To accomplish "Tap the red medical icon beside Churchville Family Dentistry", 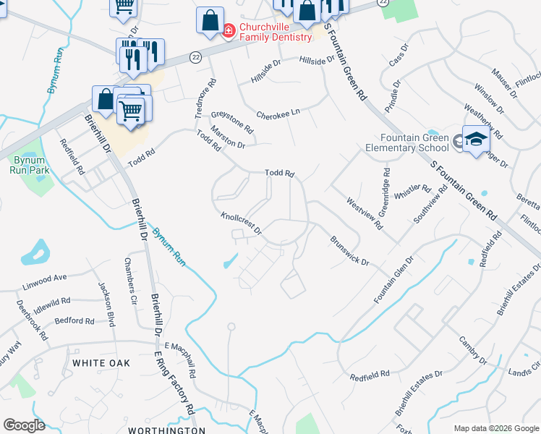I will tap(229, 30).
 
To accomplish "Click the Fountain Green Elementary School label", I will tap(415, 143).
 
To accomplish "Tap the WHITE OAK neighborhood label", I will tap(101, 362).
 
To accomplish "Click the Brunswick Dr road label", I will tap(350, 250).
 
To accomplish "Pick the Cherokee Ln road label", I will tap(278, 114).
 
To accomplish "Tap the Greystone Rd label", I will tap(232, 122).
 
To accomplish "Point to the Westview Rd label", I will tap(364, 213).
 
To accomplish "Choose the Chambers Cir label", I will tap(130, 280).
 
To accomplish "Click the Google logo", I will tap(24, 425).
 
